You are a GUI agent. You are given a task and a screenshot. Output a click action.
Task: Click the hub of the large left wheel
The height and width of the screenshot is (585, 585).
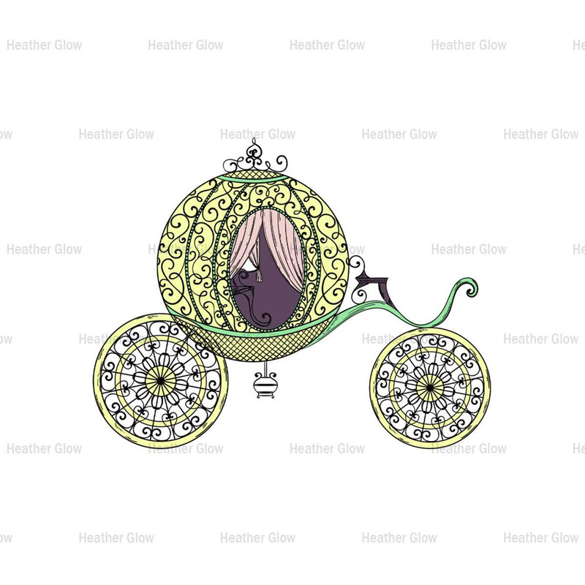(160, 381)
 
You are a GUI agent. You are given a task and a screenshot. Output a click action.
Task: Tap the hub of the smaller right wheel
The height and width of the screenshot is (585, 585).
(430, 388)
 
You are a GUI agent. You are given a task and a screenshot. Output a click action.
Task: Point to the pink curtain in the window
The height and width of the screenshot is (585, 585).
(281, 243)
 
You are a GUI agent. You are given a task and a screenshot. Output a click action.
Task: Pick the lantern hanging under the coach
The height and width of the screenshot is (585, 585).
(265, 382)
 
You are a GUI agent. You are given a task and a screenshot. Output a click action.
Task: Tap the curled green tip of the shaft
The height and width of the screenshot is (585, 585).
(471, 287)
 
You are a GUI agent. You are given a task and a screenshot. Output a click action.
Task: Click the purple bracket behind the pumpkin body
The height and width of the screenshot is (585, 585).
(377, 288)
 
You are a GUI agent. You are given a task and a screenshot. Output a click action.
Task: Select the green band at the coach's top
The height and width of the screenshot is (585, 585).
(254, 178)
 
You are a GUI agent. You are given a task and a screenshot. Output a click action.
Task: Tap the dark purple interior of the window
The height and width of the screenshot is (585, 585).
(269, 295)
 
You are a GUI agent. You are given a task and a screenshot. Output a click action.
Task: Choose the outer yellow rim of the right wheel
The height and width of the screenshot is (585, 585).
(372, 388)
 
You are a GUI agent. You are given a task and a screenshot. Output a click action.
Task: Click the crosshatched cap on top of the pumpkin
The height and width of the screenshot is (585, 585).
(254, 174)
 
